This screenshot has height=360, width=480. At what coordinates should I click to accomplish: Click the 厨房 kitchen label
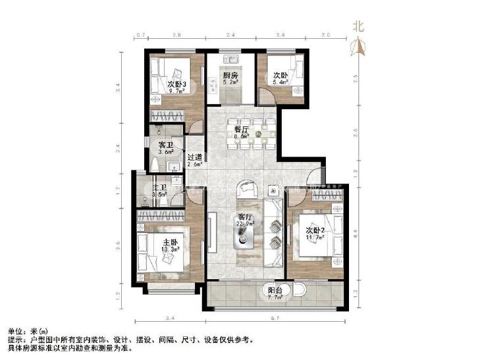coord(229,76)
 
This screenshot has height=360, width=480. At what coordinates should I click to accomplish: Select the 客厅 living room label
coord(245,217)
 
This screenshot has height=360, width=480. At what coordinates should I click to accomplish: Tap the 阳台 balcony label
coord(275,290)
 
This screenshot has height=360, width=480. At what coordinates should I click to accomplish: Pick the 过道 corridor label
coord(194,157)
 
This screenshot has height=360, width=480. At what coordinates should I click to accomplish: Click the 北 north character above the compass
coord(358,26)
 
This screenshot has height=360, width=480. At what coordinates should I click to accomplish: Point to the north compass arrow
coord(358,46)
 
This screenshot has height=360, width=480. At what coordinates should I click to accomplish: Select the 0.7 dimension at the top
coord(140,36)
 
